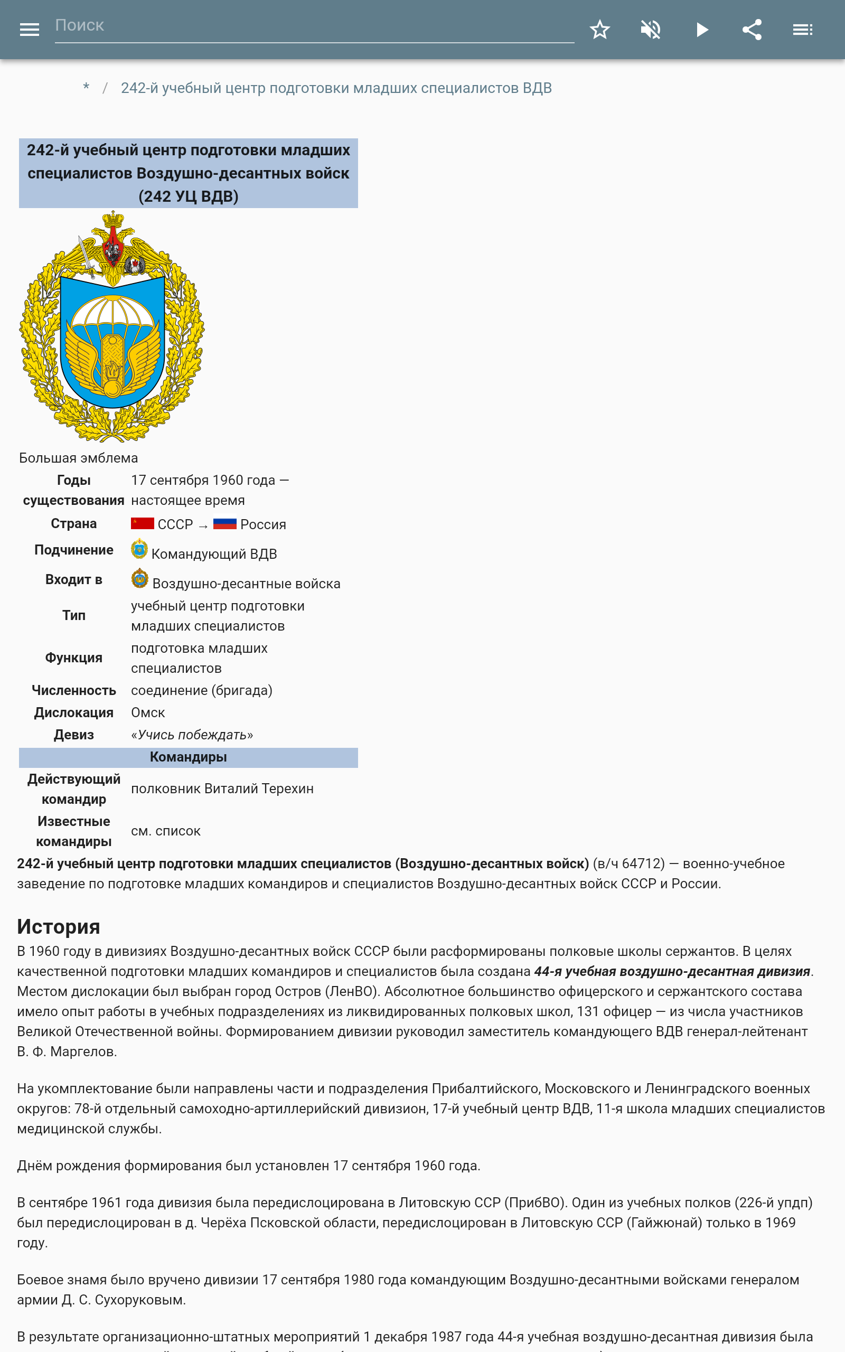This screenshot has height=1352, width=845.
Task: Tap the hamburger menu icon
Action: tap(29, 30)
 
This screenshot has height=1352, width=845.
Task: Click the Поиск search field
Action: tap(313, 26)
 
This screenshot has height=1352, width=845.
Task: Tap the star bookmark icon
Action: tap(599, 30)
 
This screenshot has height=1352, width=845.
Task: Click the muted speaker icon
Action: tap(651, 30)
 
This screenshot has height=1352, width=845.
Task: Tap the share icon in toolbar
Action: tap(752, 30)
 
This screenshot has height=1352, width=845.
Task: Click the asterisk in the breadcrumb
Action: tap(86, 88)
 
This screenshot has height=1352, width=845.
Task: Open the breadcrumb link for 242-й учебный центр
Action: tap(336, 88)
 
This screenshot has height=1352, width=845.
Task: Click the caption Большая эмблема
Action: tap(78, 458)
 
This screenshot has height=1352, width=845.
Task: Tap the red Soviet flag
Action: tap(142, 523)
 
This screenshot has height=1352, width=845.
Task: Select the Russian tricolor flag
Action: tap(224, 523)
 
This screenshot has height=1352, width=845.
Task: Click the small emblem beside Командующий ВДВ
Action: tap(139, 549)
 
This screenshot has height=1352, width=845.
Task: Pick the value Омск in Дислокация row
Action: tap(147, 713)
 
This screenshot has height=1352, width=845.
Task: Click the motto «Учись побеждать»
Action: tap(192, 735)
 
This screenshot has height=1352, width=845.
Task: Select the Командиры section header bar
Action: tap(189, 757)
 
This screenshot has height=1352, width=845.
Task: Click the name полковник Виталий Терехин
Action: tap(222, 789)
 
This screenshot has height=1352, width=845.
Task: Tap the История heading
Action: tap(59, 927)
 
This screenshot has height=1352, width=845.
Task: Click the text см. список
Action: tap(165, 831)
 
